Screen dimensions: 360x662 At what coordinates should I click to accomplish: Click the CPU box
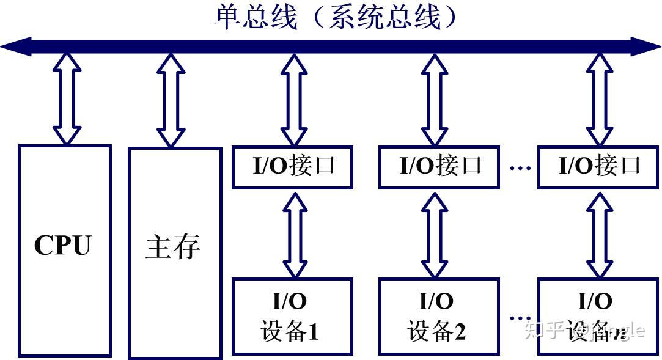[x=64, y=250]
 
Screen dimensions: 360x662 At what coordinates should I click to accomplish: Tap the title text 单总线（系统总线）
[x=336, y=17]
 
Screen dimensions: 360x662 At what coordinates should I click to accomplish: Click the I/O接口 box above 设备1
[x=292, y=166]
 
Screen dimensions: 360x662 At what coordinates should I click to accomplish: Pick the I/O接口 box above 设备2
[x=439, y=166]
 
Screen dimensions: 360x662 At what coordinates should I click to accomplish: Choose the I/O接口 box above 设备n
[x=598, y=166]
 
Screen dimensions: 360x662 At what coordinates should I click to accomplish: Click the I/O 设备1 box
[x=292, y=316]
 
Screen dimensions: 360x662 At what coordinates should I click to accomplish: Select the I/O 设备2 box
[x=439, y=316]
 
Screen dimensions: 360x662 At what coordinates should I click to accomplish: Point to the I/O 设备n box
[x=598, y=316]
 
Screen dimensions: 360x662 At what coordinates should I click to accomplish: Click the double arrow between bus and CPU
[x=66, y=98]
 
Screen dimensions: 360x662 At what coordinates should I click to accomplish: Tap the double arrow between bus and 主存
[x=171, y=100]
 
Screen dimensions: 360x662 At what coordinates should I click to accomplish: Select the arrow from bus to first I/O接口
[x=294, y=100]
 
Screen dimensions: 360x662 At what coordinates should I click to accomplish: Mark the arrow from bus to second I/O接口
[x=435, y=100]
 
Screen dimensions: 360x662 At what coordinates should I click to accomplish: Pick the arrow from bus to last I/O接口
[x=600, y=100]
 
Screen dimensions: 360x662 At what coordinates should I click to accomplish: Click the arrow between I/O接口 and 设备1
[x=294, y=233]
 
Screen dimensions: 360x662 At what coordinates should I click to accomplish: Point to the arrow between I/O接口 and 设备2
[x=435, y=233]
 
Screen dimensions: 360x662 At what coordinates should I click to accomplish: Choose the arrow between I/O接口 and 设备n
[x=600, y=233]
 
